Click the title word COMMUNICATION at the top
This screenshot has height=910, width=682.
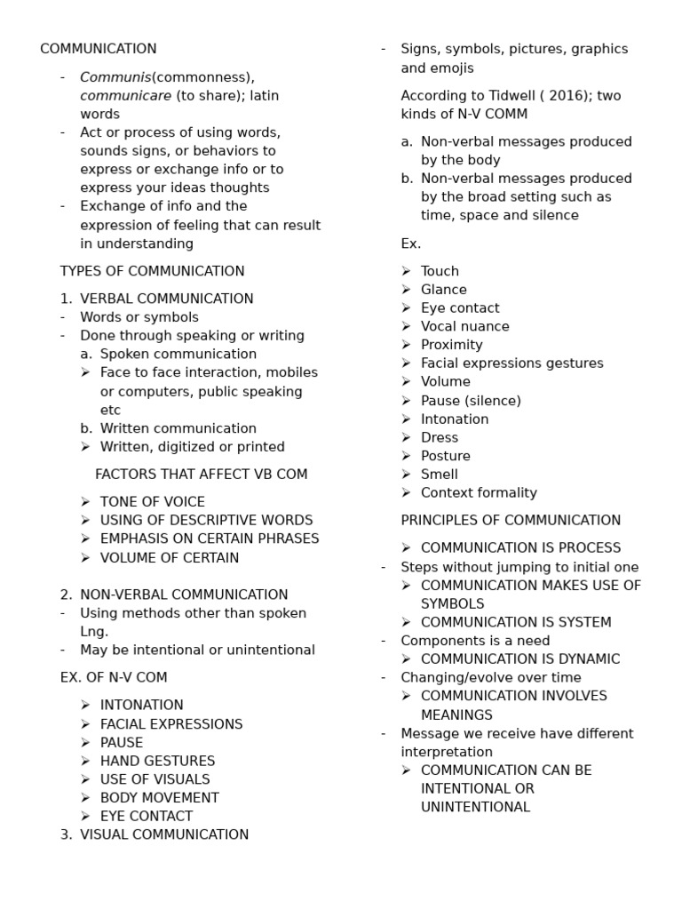(x=98, y=49)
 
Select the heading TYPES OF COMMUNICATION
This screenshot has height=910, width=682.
(x=152, y=271)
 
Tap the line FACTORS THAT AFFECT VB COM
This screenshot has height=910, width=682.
(x=201, y=475)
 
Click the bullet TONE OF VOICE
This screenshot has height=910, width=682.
(x=152, y=502)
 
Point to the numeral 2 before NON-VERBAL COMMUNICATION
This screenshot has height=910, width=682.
(x=65, y=595)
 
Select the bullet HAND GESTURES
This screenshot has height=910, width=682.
(x=157, y=761)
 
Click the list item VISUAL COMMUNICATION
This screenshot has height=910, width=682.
(x=164, y=834)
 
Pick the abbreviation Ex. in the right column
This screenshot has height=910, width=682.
(x=410, y=243)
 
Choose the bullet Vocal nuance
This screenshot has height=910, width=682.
(x=464, y=326)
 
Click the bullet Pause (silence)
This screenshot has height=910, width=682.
(x=471, y=401)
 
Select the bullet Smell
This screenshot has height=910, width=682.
(x=439, y=475)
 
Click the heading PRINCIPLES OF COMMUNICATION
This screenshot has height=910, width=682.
(x=511, y=521)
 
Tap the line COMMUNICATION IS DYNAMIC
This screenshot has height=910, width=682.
(x=520, y=659)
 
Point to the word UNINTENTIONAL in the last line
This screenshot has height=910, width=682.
(x=475, y=808)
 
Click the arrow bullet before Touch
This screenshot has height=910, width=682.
(x=406, y=271)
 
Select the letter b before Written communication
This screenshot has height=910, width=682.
(x=85, y=428)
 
